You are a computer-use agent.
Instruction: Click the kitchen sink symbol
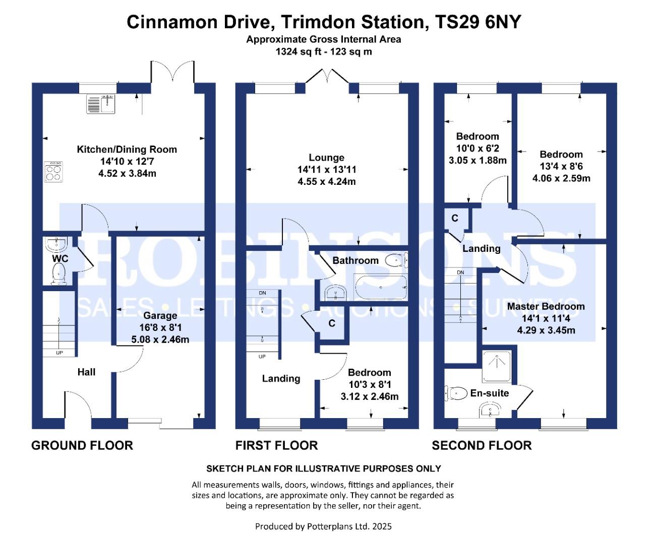tap(101, 104)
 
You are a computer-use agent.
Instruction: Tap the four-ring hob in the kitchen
tap(53, 172)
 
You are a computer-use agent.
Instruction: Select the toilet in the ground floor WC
tap(58, 274)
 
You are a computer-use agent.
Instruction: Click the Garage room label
tap(160, 315)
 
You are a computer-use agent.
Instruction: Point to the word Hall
tap(86, 372)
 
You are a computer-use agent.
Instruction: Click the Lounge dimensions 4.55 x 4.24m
tap(327, 181)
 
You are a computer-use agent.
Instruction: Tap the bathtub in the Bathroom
tap(381, 287)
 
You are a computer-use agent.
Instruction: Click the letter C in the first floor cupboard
tap(332, 323)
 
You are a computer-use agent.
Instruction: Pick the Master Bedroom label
tap(546, 306)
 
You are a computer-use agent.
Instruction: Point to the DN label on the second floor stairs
tap(460, 273)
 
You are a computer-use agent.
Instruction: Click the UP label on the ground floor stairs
tap(59, 353)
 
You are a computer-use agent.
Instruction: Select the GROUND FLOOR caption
tap(82, 445)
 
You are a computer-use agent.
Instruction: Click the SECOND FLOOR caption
tap(482, 445)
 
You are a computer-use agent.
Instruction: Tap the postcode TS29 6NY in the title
tap(478, 22)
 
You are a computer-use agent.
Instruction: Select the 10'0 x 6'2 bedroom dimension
tap(478, 148)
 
